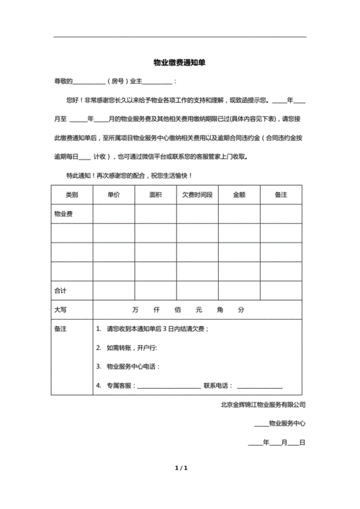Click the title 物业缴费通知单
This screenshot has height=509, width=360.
(179, 63)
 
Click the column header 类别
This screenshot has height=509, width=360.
(71, 195)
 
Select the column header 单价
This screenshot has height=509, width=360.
(113, 195)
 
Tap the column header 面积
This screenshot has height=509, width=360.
(155, 195)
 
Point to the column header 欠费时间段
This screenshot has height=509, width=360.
(197, 195)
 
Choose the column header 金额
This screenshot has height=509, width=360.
(239, 195)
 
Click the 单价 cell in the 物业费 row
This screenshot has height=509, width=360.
(113, 214)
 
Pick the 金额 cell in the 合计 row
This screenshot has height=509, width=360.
(239, 290)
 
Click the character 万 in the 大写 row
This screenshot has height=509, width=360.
(135, 309)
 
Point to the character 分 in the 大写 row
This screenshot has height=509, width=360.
(242, 309)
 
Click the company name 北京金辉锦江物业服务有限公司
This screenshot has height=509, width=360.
(263, 405)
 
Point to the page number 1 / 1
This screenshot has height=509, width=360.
(181, 469)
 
